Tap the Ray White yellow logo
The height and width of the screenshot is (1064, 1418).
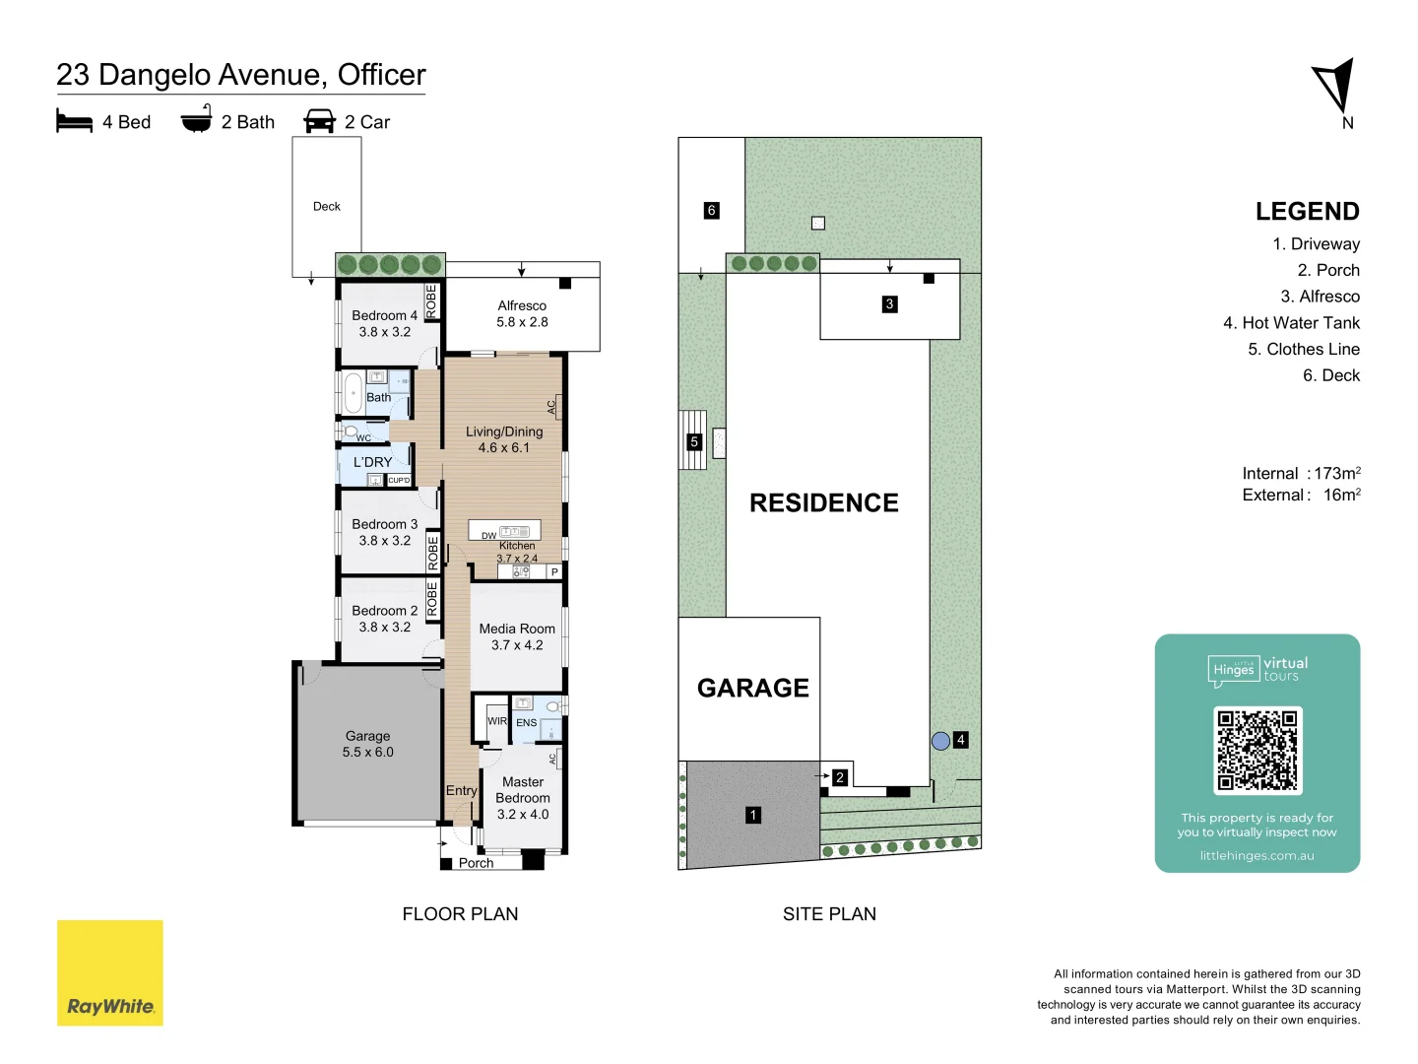[x=110, y=972]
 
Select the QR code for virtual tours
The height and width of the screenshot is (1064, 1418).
[x=1257, y=750]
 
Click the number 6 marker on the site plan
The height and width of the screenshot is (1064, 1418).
[x=711, y=210]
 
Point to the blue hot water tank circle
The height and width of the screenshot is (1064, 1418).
[x=940, y=741]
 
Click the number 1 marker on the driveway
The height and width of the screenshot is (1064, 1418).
[x=753, y=815]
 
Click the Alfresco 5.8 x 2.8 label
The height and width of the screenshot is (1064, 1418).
[x=522, y=313]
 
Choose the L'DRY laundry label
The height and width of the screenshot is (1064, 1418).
[x=372, y=462]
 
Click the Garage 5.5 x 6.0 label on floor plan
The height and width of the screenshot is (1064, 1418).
[x=367, y=744]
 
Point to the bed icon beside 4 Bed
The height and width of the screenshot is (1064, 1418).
[x=75, y=121]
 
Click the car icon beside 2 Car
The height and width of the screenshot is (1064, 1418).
[x=320, y=121]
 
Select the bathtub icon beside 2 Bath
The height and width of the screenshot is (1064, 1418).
[x=196, y=121]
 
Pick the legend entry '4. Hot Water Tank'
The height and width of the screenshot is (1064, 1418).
[x=1291, y=323]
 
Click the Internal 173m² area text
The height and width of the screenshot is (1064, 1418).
[x=1301, y=474]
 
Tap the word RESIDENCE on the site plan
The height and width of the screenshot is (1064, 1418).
[x=823, y=503]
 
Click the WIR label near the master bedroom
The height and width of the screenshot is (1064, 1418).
[x=497, y=721]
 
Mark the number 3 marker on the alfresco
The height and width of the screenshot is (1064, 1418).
[x=889, y=304]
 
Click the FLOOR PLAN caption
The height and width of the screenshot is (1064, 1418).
[x=460, y=914]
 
